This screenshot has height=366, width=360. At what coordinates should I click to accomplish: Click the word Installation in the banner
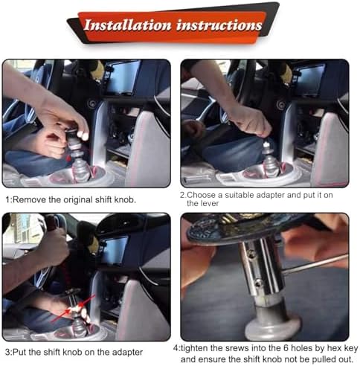[127, 25]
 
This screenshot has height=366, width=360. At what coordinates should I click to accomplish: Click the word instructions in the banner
[219, 25]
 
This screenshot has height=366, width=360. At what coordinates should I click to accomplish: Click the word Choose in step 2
[202, 195]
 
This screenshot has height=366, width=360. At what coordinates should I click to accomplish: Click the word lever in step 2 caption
[210, 204]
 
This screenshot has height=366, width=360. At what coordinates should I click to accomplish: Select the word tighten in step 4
[194, 348]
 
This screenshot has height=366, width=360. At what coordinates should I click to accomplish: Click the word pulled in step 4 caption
[324, 359]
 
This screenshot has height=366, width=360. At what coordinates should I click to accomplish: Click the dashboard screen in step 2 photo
[309, 80]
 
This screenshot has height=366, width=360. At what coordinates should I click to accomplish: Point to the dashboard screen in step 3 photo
[115, 250]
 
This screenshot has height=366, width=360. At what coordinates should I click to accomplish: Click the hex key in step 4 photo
[315, 266]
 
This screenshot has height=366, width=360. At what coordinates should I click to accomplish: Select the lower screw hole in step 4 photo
[258, 283]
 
